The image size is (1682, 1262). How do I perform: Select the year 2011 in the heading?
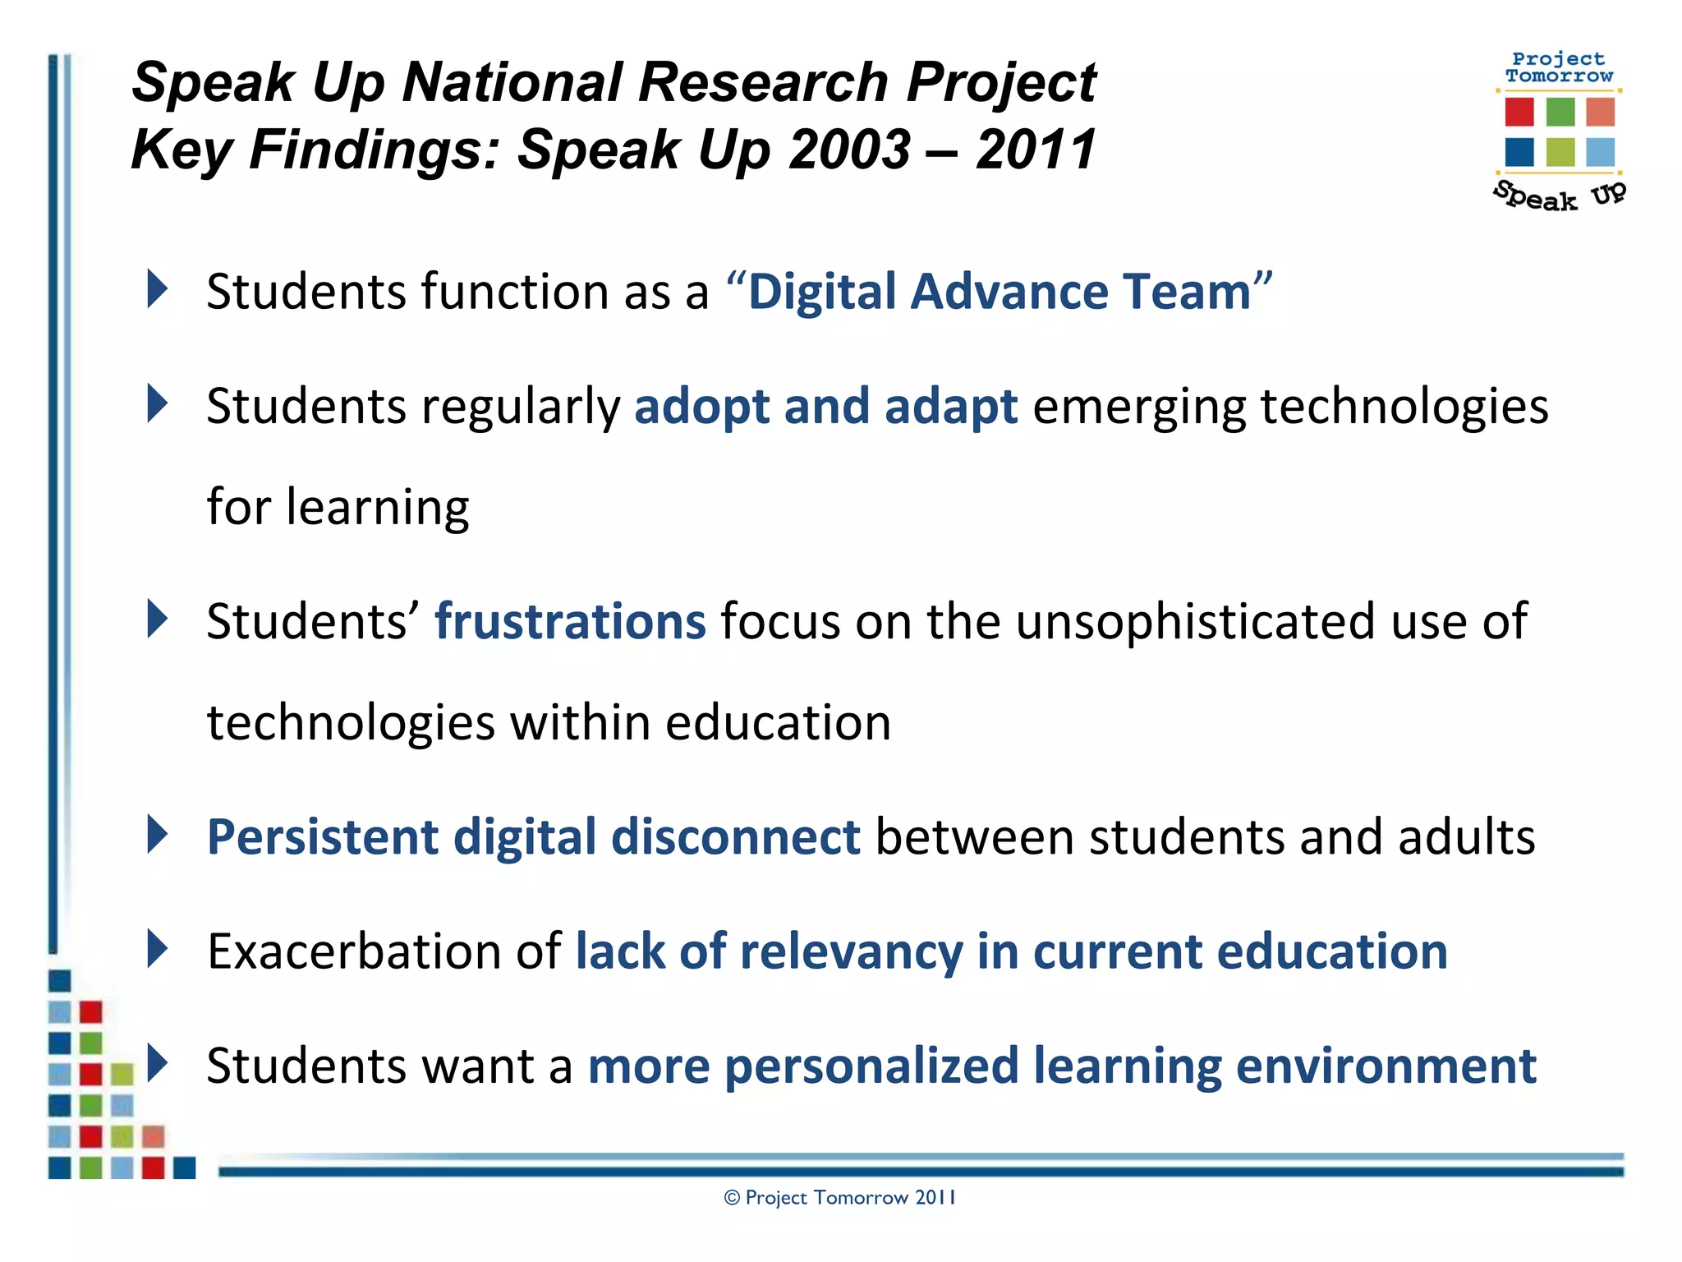point(1036,150)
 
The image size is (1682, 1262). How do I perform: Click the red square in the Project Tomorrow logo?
point(1519,112)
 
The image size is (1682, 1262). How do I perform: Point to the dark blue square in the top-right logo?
point(1519,152)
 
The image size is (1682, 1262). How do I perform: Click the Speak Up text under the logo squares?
point(1558,196)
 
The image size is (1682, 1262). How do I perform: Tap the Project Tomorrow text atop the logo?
point(1558,67)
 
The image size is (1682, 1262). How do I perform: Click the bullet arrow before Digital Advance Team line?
point(157,289)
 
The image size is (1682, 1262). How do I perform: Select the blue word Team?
point(1187,292)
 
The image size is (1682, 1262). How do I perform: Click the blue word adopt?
point(702,407)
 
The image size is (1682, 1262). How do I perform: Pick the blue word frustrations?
point(570,621)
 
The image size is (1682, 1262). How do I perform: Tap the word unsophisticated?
point(1195,621)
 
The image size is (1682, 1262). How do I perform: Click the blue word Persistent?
point(323,837)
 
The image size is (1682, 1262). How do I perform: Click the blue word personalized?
point(871,1066)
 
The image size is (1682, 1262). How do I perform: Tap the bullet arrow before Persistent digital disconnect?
point(157,835)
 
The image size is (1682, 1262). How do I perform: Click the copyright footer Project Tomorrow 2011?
point(840,1198)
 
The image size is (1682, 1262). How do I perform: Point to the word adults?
point(1466,837)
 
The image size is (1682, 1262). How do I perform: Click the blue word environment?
point(1386,1066)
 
